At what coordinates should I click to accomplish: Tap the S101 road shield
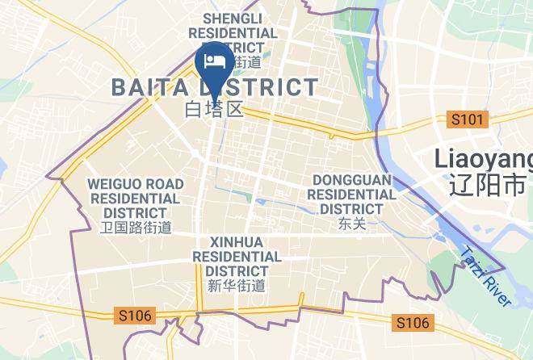click(468, 119)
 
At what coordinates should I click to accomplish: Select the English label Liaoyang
click(485, 158)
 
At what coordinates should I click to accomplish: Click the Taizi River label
click(486, 276)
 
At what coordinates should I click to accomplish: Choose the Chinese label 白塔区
click(214, 109)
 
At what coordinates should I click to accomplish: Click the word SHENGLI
click(232, 18)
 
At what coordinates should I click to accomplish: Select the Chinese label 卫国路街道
click(135, 228)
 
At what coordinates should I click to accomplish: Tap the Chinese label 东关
click(352, 224)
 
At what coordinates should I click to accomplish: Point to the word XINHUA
click(236, 241)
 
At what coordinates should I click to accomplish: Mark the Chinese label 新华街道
click(236, 285)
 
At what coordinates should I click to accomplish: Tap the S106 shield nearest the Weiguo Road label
click(133, 315)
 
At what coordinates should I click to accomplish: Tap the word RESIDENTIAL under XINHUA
click(236, 256)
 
